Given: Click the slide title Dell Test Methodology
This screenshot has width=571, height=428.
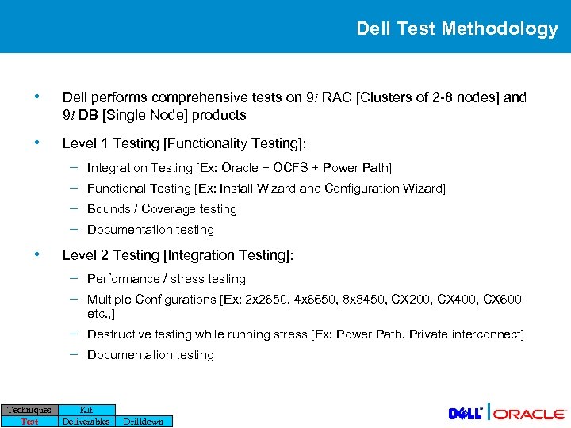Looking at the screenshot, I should (457, 29).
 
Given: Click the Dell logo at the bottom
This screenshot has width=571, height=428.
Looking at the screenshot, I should (466, 414).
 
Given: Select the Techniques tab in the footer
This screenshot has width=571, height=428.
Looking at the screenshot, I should (29, 410).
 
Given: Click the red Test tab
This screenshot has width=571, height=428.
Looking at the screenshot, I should (29, 422).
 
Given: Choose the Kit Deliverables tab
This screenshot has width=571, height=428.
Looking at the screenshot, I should (86, 415).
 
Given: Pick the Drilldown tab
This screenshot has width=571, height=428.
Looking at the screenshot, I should (143, 422).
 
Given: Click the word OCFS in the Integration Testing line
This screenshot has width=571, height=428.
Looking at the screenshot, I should (289, 168).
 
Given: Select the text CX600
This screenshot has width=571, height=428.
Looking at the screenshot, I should (502, 300).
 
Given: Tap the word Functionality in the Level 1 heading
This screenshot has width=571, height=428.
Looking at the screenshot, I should (205, 143).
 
